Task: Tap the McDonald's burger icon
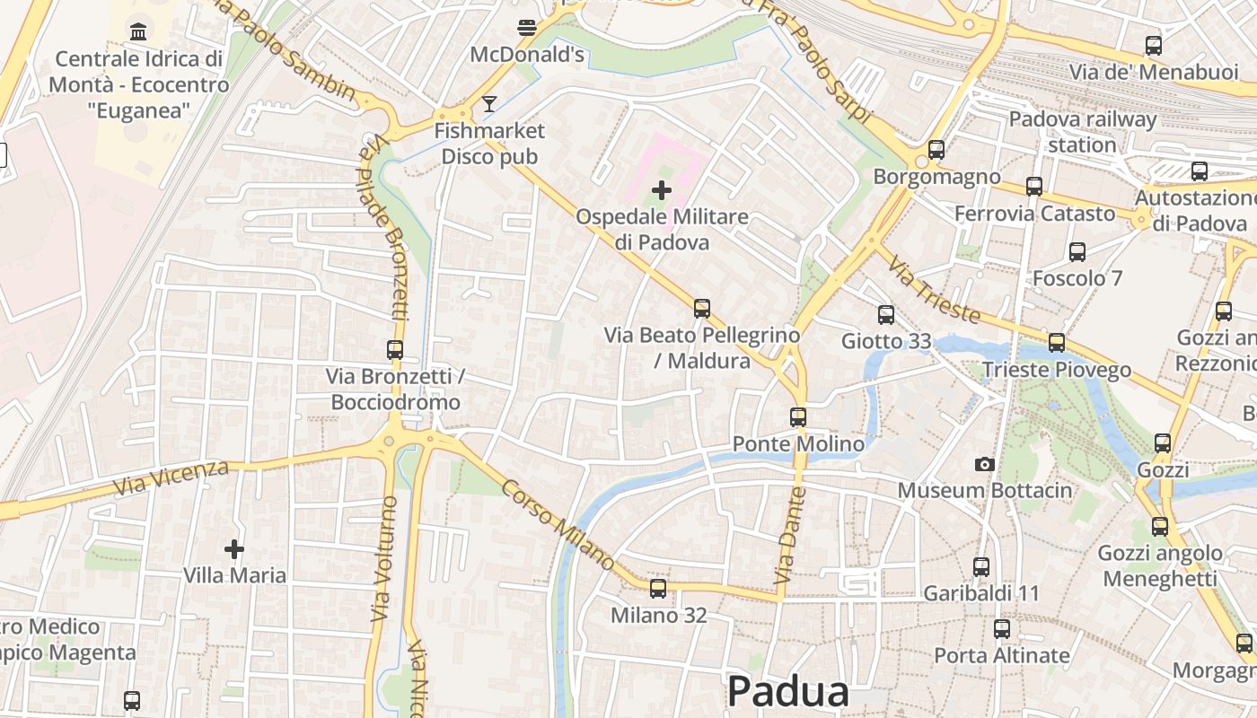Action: point(527,28)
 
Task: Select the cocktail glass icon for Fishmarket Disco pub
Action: point(488,104)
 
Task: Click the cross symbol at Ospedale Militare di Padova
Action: point(662,190)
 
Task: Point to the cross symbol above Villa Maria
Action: point(234,548)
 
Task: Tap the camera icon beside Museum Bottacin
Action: point(985,464)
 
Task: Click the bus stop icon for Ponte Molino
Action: point(798,416)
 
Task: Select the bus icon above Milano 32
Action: point(658,589)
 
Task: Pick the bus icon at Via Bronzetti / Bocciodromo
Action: point(395,350)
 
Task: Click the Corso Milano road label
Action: point(558,526)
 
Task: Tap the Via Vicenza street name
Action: point(171,478)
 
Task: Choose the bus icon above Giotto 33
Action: point(886,314)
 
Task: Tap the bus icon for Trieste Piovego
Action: point(1057,343)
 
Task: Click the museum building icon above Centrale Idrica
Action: point(138,32)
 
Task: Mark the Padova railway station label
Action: point(1082,132)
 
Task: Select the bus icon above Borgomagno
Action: point(936,150)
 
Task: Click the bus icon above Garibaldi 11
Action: point(981,567)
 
